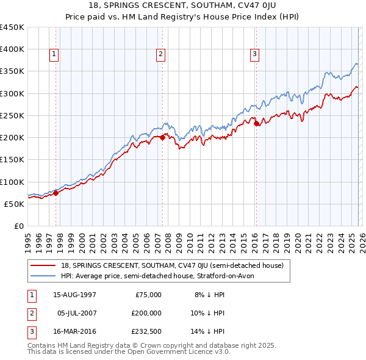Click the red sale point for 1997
pyautogui.click(x=56, y=193)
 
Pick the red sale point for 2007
pyautogui.click(x=162, y=138)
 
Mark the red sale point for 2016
pyautogui.click(x=256, y=123)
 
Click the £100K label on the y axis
pyautogui.click(x=12, y=182)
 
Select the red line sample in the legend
pyautogui.click(x=43, y=265)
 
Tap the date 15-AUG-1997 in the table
pyautogui.click(x=74, y=295)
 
